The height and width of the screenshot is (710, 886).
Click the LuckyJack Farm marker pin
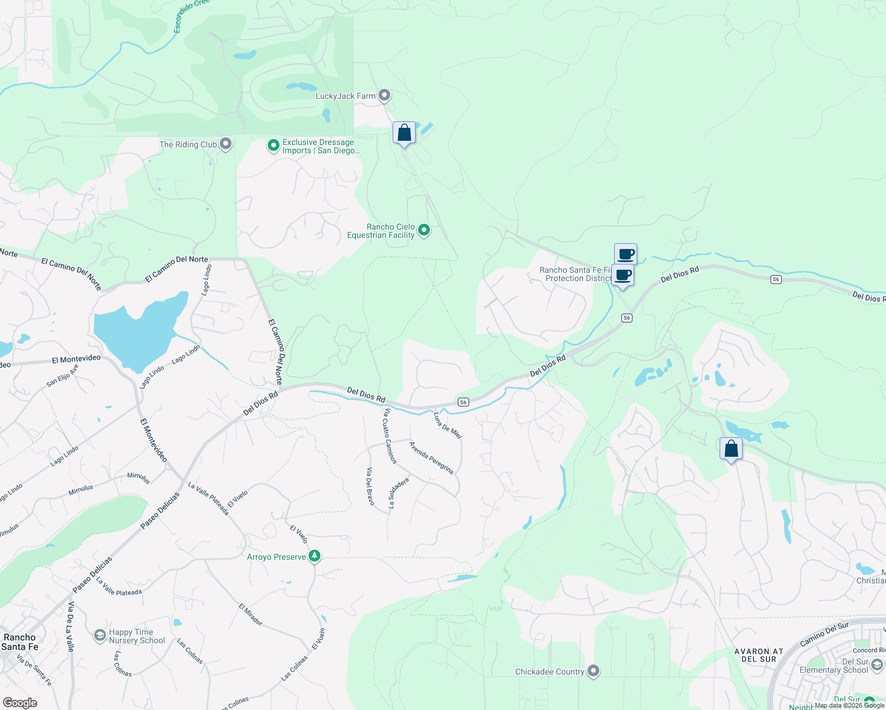tap(384, 95)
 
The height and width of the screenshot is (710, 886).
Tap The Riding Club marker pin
tap(226, 144)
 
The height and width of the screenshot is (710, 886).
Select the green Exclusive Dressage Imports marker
tap(273, 146)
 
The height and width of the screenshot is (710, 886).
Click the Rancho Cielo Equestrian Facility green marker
tap(424, 230)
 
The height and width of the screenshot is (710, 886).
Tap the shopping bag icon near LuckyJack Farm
tap(405, 133)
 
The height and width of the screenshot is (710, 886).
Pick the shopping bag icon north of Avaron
tap(731, 449)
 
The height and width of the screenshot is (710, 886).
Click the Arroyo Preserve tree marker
tap(315, 556)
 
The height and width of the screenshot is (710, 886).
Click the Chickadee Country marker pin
tap(593, 671)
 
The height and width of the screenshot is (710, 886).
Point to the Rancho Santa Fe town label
tap(20, 642)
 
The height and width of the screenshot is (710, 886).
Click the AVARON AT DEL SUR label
tap(759, 655)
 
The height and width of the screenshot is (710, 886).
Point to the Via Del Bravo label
tap(370, 486)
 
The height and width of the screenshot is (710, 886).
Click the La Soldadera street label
tap(399, 493)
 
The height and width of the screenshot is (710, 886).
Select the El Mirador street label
tap(251, 615)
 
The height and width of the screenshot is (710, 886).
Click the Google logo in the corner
tap(20, 703)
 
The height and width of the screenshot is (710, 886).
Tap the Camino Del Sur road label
tap(824, 634)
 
